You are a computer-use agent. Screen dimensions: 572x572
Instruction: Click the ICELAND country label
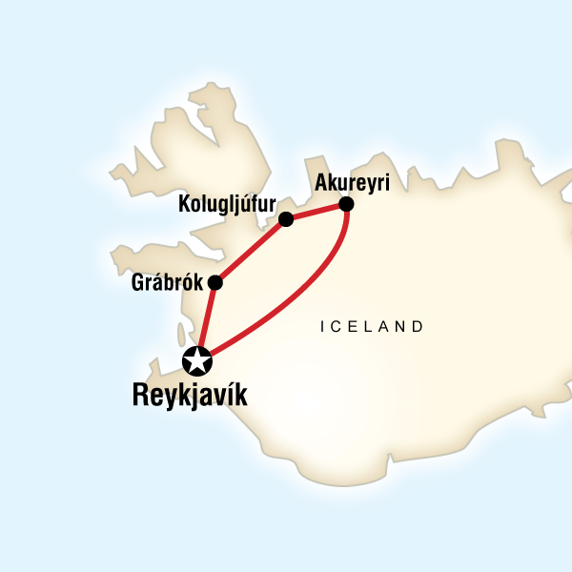pyautogui.click(x=372, y=326)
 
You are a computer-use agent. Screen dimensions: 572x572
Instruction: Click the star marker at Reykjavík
pyautogui.click(x=196, y=361)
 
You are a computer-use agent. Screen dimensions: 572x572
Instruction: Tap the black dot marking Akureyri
pyautogui.click(x=346, y=204)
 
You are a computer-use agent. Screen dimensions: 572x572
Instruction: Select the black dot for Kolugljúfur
pyautogui.click(x=285, y=220)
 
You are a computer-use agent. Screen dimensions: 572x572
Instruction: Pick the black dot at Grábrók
pyautogui.click(x=215, y=283)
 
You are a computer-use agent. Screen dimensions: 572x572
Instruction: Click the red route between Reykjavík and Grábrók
pyautogui.click(x=206, y=322)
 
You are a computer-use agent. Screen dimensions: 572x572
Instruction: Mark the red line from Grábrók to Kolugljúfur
pyautogui.click(x=250, y=252)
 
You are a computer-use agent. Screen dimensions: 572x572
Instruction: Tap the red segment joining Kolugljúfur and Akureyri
pyautogui.click(x=316, y=212)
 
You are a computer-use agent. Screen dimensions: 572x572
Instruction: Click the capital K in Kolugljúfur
pyautogui.click(x=185, y=203)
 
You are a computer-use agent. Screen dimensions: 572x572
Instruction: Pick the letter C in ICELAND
pyautogui.click(x=336, y=326)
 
